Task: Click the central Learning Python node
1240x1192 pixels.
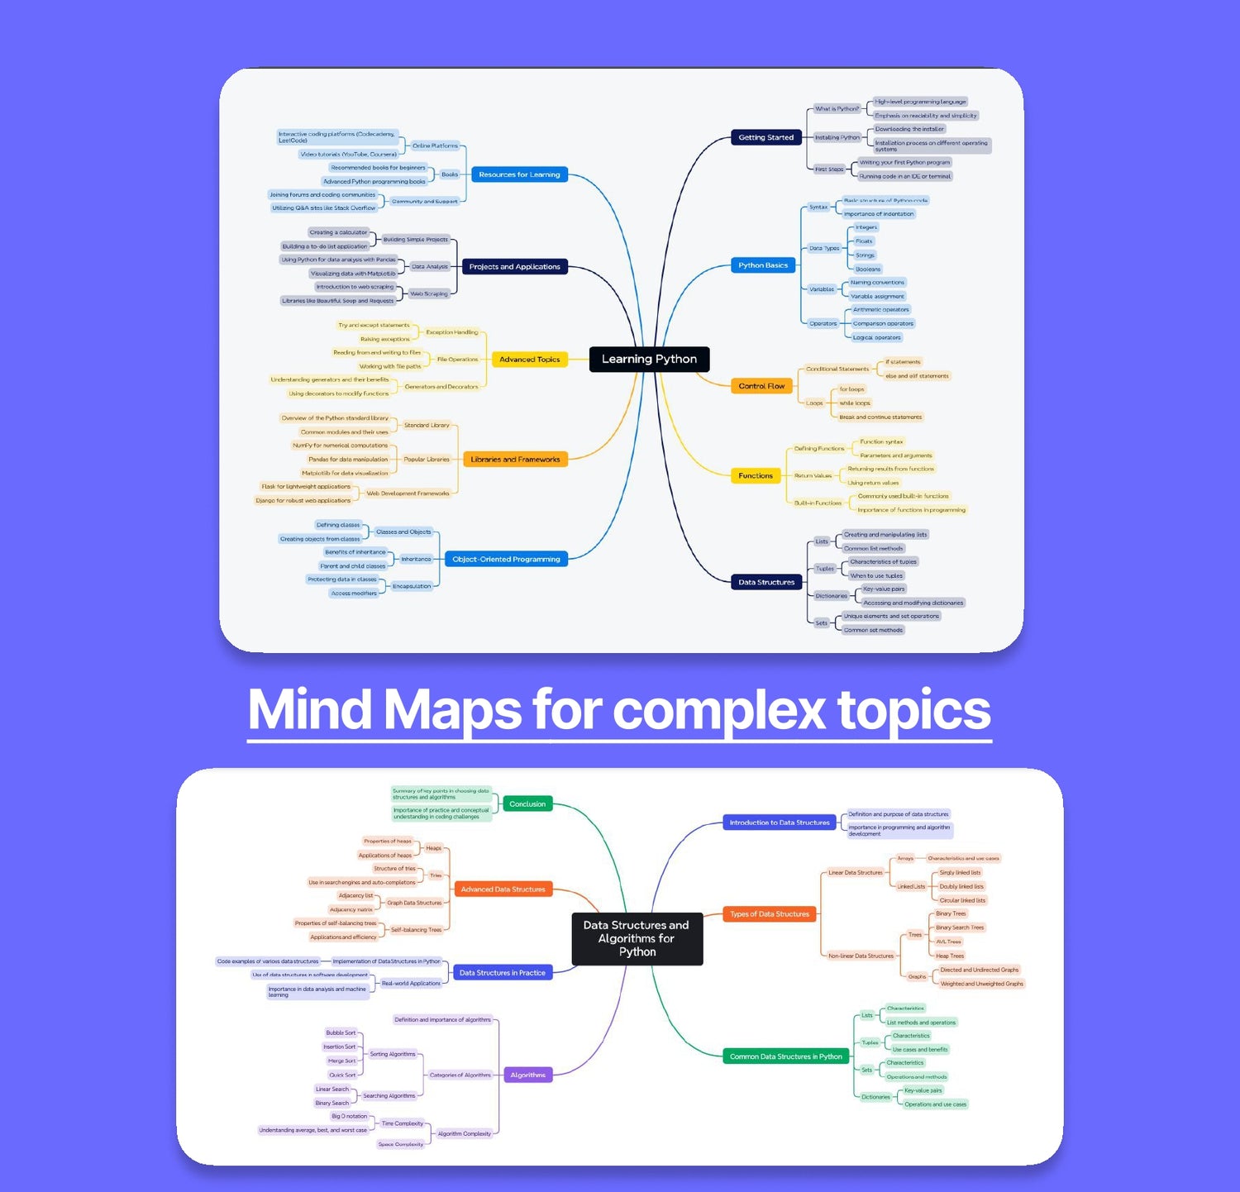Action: [x=649, y=359]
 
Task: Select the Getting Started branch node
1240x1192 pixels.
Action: [x=765, y=137]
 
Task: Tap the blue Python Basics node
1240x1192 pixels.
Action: [x=763, y=265]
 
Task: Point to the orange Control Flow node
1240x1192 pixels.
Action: [x=761, y=386]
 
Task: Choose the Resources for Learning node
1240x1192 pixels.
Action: [x=519, y=174]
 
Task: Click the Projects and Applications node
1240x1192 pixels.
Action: [x=514, y=266]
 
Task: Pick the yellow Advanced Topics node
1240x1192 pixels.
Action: [x=529, y=360]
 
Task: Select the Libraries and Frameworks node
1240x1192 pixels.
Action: [x=515, y=460]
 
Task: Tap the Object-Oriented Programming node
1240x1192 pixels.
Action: [x=506, y=560]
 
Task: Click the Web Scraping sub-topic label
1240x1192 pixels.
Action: [x=429, y=293]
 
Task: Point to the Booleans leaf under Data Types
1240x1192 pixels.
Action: [x=867, y=269]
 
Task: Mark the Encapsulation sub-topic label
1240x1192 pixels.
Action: [x=412, y=586]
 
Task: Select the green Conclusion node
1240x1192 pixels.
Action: [x=527, y=803]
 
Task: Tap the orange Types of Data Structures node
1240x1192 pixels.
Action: [x=769, y=914]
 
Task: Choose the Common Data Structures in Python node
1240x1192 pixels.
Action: [x=785, y=1056]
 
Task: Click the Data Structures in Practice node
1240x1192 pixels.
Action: [x=502, y=973]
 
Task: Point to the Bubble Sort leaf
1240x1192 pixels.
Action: [x=341, y=1033]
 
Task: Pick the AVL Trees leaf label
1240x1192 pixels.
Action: [x=948, y=942]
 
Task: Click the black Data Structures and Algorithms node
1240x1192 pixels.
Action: [x=637, y=938]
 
